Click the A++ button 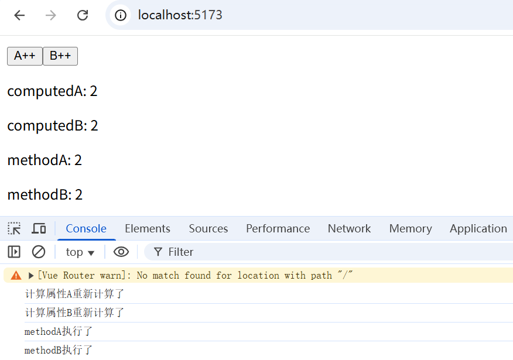[25, 56]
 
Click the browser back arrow [20, 15]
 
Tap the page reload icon [83, 15]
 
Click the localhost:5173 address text [180, 15]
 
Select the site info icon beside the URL [121, 15]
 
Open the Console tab [86, 228]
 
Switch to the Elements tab [148, 228]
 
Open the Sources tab [208, 228]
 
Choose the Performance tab [278, 228]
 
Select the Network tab [350, 228]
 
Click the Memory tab [411, 228]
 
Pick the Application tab [478, 228]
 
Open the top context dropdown [80, 252]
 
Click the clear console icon [39, 252]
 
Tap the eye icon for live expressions [121, 252]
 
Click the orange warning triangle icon [16, 275]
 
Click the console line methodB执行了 [58, 350]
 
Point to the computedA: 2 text [52, 91]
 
